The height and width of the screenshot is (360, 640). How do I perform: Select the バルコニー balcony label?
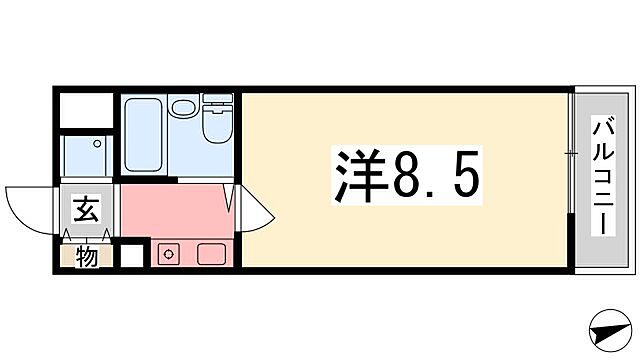[603, 177]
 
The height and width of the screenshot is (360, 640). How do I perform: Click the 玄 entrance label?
[85, 212]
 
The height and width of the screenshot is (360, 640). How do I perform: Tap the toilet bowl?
[216, 128]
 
